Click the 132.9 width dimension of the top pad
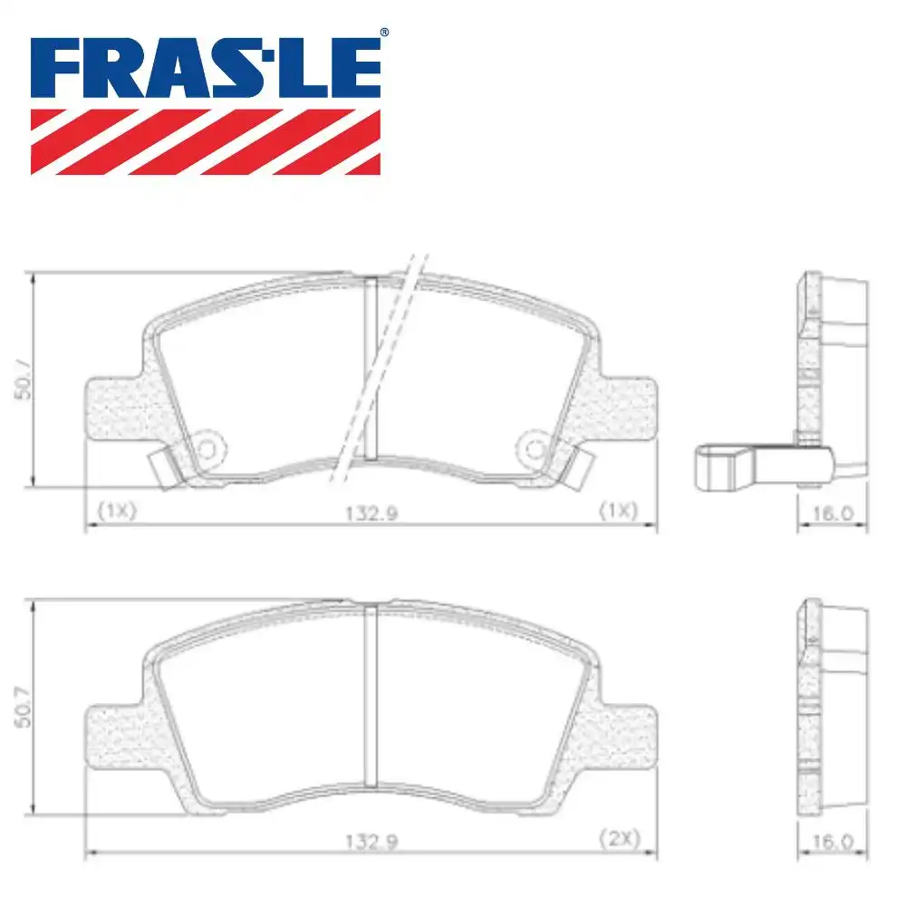pos(371,512)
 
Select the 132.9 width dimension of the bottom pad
pos(371,839)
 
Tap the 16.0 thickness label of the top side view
pos(834,512)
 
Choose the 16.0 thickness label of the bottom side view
pos(834,841)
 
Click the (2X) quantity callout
pos(620,839)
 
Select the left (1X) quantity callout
pos(116,511)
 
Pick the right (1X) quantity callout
pos(620,511)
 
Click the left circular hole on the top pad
pos(207,448)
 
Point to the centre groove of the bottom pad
pos(370,696)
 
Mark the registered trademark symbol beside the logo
pos(384,34)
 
